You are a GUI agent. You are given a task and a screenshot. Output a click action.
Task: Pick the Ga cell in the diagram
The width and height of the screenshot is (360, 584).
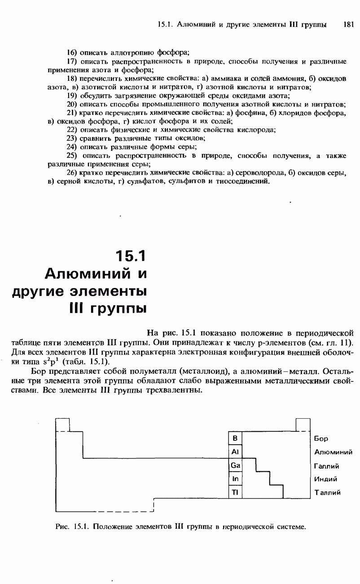click(235, 465)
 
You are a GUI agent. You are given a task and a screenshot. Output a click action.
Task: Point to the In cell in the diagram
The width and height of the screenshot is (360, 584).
click(235, 479)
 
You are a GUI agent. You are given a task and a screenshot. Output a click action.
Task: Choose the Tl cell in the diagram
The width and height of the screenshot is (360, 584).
click(235, 492)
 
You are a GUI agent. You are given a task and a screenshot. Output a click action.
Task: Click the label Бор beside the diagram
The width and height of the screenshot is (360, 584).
click(321, 438)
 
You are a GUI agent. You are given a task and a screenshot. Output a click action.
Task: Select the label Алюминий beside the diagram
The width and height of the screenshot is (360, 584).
click(333, 452)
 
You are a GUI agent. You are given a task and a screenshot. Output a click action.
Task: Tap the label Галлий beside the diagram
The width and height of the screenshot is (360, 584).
click(326, 466)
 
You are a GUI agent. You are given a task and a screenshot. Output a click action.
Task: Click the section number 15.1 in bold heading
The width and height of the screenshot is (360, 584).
click(131, 256)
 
